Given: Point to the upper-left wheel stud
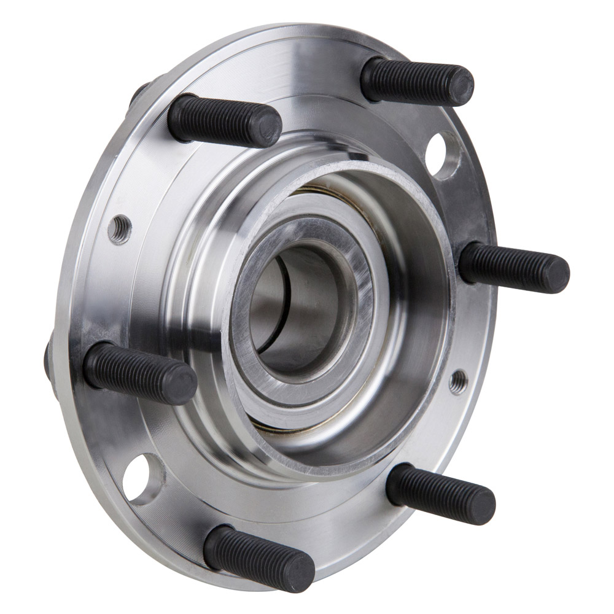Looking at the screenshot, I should click(x=223, y=120).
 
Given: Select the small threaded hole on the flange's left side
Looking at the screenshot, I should click(x=120, y=230).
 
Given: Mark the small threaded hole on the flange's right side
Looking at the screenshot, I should click(x=458, y=382).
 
